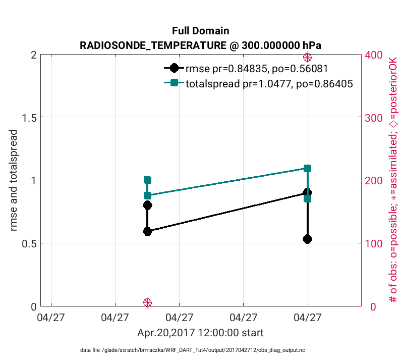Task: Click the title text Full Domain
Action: point(201,31)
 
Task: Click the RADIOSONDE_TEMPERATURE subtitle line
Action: point(201,45)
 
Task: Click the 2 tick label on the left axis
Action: point(33,55)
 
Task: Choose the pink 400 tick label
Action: point(374,55)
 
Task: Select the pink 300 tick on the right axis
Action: point(374,118)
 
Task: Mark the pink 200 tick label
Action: point(374,180)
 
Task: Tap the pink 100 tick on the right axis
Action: point(374,243)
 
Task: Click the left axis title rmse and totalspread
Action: point(14,180)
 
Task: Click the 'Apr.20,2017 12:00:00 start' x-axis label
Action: point(200,333)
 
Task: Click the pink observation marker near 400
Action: point(307,57)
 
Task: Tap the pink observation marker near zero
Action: point(147,302)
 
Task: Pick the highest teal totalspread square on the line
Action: point(307,168)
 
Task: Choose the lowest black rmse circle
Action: point(307,239)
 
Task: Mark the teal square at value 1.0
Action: point(147,180)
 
